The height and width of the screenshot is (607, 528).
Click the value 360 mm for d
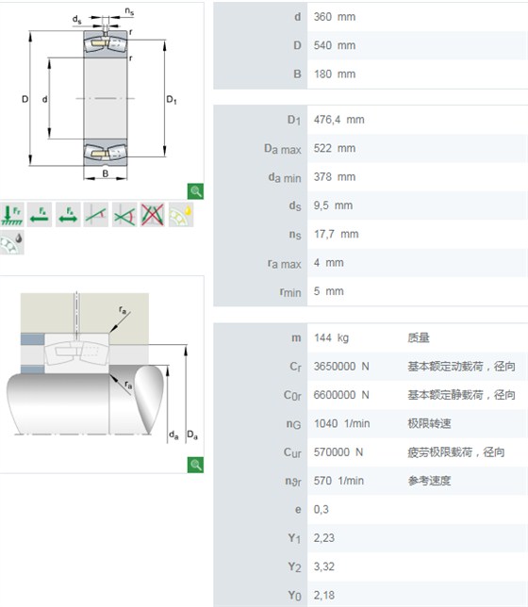335,17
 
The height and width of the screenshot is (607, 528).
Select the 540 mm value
335,45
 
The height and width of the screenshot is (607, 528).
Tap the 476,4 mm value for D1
339,120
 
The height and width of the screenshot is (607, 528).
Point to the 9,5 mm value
333,205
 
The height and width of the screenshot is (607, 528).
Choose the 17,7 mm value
336,234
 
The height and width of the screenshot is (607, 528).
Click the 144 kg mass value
331,338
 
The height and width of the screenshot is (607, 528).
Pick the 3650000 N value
341,367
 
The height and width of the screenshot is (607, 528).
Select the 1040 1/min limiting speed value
341,423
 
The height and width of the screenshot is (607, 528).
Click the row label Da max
283,149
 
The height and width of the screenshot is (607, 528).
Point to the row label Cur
292,452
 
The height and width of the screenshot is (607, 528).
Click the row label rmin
290,292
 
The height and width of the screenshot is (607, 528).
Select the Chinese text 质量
419,338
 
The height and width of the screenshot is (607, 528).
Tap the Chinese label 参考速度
429,481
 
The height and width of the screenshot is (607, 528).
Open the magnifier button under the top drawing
195,191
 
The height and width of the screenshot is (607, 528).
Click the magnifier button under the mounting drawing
195,465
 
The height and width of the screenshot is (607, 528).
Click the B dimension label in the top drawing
106,173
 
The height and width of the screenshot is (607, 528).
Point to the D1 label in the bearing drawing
172,100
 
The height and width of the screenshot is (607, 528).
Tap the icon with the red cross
152,215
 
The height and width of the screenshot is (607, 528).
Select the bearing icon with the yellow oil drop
181,215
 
